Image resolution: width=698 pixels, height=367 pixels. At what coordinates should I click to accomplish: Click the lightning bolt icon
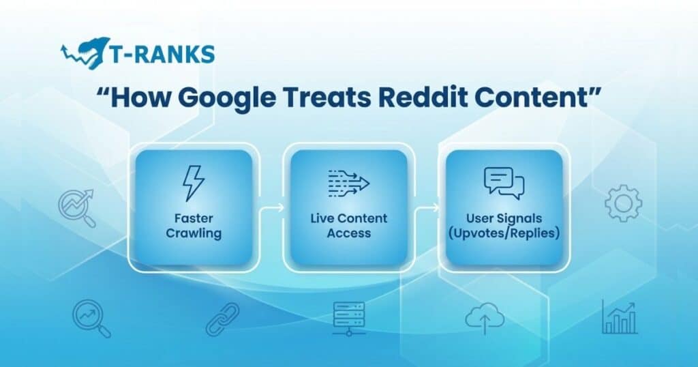tap(193, 183)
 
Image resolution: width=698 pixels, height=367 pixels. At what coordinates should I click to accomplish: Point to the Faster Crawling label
tap(193, 226)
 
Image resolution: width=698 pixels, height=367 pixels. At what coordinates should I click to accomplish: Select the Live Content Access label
tap(348, 226)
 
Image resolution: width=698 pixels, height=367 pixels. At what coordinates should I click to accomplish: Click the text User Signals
tap(504, 218)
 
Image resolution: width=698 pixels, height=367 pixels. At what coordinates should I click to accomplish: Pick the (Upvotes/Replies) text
tap(504, 234)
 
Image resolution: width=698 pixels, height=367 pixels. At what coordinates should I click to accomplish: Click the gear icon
tap(622, 204)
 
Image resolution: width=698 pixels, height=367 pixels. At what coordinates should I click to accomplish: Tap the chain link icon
tap(223, 319)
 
